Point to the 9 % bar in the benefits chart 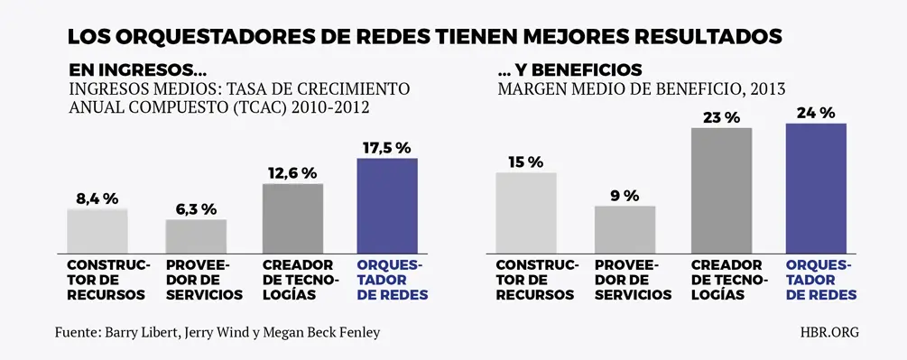click(x=625, y=228)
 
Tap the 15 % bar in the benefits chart click(x=526, y=211)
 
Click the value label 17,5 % click(x=387, y=147)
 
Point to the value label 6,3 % click(x=195, y=208)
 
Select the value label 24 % click(x=816, y=113)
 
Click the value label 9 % click(x=624, y=195)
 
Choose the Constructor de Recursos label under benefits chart click(x=535, y=281)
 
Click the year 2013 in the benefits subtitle click(x=764, y=89)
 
